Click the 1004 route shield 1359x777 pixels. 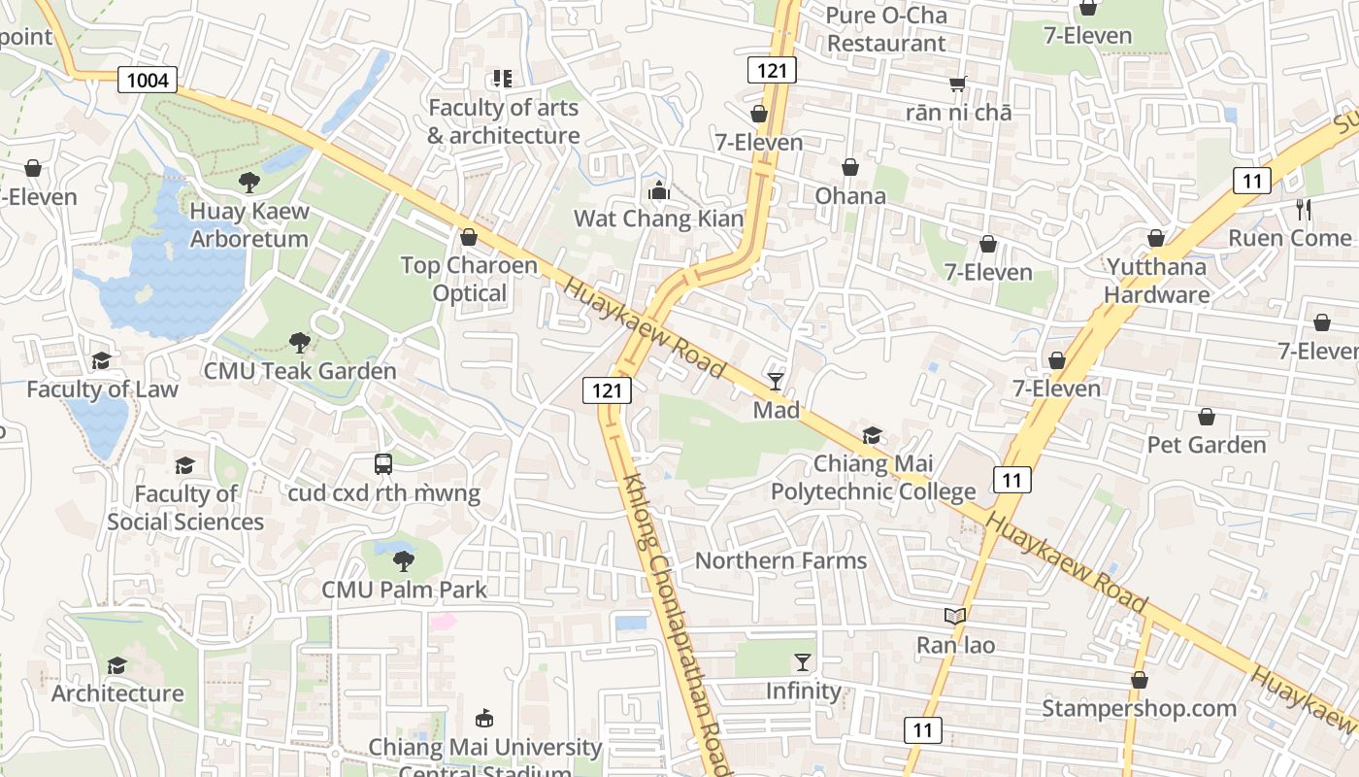148,80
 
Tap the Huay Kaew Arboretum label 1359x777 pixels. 249,225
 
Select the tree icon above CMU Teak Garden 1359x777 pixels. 300,342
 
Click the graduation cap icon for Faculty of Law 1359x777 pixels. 102,360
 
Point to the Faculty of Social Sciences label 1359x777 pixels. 185,508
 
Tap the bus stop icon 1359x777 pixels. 383,464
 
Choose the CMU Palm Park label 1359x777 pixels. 405,589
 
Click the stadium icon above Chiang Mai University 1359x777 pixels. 482,719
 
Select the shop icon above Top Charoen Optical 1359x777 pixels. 469,237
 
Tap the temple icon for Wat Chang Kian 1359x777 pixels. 659,190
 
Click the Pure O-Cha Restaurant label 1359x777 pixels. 885,29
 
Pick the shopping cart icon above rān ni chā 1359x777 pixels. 958,84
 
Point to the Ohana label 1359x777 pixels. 850,196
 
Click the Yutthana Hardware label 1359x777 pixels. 1156,281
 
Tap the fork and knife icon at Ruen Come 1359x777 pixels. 1303,209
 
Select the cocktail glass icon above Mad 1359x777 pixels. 776,381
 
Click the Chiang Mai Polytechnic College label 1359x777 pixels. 873,478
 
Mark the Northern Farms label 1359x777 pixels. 780,560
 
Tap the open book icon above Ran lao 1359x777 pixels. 955,616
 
